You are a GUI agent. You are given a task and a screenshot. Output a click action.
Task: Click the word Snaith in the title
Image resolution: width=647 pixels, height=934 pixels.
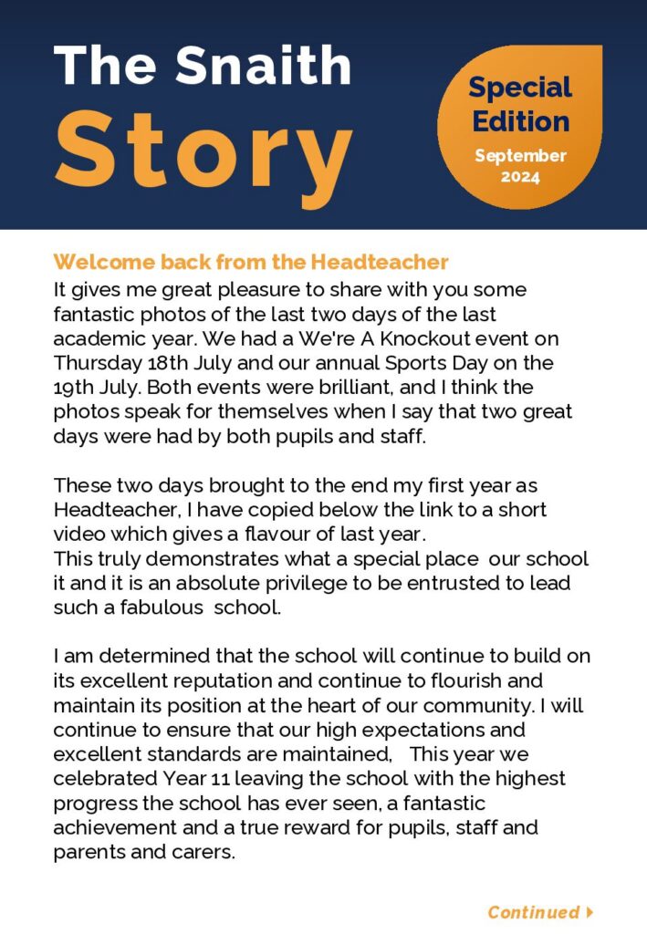pos(264,66)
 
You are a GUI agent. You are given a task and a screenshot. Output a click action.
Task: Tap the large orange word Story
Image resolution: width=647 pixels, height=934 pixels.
pos(204,149)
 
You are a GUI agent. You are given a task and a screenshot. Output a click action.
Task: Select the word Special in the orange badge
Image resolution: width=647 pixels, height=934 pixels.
pos(520,88)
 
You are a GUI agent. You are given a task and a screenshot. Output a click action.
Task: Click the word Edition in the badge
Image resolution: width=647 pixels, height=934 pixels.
pos(521,121)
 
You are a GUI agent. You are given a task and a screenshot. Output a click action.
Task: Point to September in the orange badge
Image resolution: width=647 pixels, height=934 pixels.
pos(520,156)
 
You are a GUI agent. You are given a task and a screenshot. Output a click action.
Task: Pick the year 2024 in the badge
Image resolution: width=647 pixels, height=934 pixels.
pos(520,176)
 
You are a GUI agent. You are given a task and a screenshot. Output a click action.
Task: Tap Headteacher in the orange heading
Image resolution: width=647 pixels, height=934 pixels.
pos(380,263)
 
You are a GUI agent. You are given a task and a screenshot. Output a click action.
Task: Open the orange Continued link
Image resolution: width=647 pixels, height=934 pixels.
pos(533,912)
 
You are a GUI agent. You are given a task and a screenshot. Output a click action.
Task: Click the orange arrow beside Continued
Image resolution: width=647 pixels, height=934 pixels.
pos(590,912)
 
